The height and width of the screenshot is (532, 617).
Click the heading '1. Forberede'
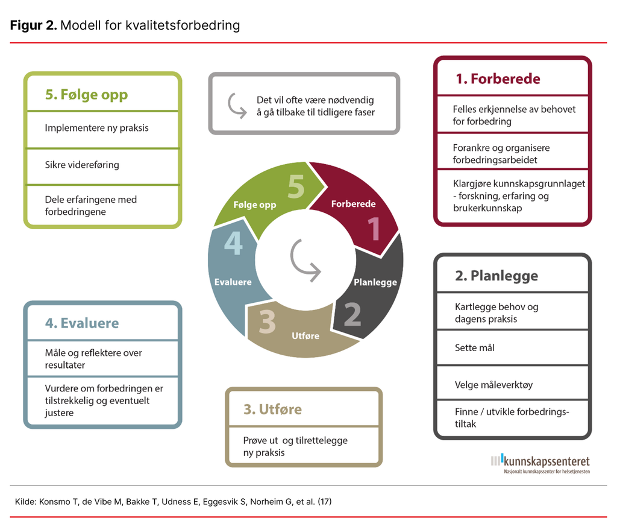[498, 79]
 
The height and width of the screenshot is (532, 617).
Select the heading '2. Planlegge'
[496, 276]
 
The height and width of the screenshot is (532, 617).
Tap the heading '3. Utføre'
[272, 410]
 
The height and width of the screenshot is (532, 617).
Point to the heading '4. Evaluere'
[82, 323]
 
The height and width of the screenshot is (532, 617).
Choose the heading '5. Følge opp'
[86, 95]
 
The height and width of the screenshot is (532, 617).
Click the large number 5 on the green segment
[296, 187]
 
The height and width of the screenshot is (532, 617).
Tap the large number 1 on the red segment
[374, 229]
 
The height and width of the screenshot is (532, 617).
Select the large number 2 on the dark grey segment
[352, 314]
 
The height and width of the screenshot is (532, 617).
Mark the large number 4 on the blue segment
[233, 245]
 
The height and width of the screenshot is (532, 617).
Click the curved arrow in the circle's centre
[305, 260]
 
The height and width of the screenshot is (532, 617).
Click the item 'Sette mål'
[475, 347]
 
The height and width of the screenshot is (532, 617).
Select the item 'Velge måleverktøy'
[493, 384]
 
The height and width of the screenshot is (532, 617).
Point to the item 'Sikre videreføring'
[82, 165]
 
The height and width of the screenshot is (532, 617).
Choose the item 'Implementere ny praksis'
[96, 128]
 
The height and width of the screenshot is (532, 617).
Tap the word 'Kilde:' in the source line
[25, 501]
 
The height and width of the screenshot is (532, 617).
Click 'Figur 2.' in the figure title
[34, 25]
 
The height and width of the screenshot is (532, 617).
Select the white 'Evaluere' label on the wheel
[233, 282]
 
